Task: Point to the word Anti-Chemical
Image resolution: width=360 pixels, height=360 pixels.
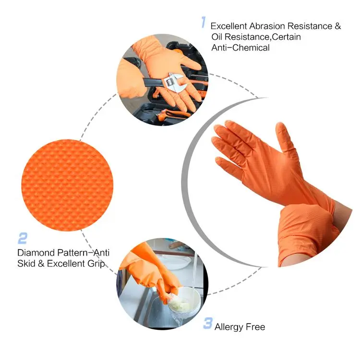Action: coord(240,48)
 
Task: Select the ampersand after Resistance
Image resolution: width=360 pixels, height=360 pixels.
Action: coord(337,26)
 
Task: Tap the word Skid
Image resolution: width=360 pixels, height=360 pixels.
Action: coord(27,263)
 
